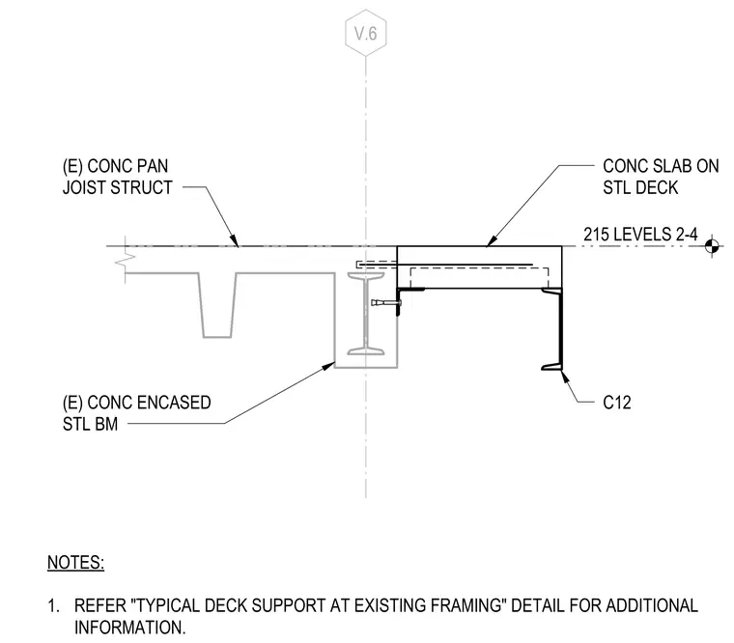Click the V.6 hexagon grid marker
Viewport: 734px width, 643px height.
coord(366,33)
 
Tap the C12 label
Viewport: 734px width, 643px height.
coord(616,403)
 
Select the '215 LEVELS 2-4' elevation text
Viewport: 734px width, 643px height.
coord(640,234)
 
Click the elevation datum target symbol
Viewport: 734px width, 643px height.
coord(712,245)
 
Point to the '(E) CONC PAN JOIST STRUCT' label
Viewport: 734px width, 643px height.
coord(117,177)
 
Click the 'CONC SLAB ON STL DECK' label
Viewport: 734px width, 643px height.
coord(661,177)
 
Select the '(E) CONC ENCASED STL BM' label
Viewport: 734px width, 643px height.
coord(136,413)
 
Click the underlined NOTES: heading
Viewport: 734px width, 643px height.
coord(76,562)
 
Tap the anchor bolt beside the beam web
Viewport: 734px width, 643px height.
coord(386,303)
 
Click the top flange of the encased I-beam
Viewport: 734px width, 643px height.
coord(366,276)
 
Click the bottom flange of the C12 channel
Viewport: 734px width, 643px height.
coord(551,367)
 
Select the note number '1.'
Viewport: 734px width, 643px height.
coord(53,606)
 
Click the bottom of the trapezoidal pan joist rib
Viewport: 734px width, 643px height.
coord(216,337)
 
